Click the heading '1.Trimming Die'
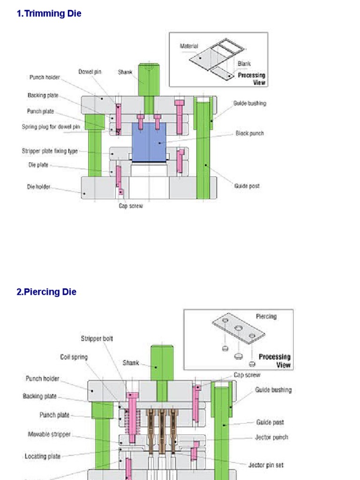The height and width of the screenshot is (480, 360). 49,14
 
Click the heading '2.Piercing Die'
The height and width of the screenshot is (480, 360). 46,292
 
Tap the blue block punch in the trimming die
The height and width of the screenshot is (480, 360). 149,142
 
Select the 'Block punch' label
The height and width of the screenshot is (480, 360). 249,134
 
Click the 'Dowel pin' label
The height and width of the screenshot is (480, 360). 90,72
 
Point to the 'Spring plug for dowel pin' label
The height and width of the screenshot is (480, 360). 51,127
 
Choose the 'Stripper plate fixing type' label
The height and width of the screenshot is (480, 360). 50,151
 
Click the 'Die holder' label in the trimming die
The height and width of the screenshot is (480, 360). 38,187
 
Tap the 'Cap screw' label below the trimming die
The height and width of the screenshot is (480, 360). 131,206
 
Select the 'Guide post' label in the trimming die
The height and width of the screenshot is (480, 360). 247,186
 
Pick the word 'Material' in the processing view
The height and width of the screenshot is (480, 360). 189,46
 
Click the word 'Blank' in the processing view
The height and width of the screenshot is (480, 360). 244,64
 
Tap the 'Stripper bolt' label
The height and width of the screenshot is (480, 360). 97,338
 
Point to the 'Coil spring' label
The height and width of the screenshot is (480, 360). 74,357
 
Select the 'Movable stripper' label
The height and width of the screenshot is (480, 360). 49,435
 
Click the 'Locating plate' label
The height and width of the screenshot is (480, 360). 43,456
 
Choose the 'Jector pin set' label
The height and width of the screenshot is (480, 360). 266,465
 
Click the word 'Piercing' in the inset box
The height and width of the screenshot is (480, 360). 266,316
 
